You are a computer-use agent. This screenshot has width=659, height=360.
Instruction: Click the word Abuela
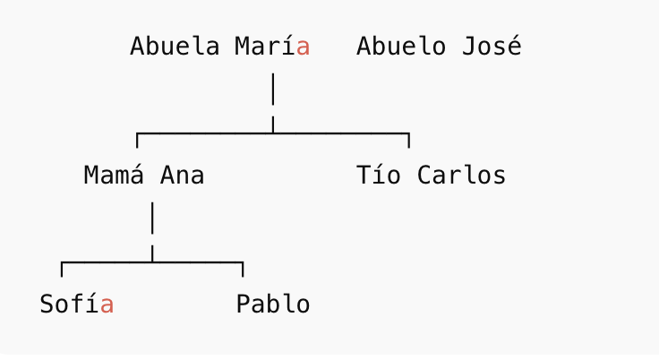[175, 46]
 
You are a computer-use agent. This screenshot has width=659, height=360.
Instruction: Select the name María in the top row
[272, 46]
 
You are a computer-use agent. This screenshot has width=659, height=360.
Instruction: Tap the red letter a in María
[303, 47]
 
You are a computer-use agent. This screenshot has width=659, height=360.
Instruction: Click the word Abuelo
[401, 46]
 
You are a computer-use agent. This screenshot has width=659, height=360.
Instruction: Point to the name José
[492, 46]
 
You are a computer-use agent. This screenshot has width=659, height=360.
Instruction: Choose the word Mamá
[114, 175]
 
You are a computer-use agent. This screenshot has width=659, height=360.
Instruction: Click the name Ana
[182, 175]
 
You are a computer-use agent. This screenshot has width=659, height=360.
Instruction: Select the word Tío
[379, 175]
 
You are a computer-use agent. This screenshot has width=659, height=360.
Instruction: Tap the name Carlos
[461, 175]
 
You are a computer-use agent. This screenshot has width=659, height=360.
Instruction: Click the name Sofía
[76, 304]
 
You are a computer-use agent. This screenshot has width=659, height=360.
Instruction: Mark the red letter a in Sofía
[107, 305]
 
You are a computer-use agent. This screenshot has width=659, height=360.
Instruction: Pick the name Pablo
[273, 304]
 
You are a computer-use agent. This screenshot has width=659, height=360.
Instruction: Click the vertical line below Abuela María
[273, 103]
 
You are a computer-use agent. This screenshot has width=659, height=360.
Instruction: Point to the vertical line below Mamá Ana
[152, 232]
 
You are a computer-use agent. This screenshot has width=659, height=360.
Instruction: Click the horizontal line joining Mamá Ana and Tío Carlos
[273, 133]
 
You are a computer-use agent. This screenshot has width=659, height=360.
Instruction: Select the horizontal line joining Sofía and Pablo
[152, 262]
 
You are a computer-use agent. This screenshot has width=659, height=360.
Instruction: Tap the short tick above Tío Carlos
[409, 141]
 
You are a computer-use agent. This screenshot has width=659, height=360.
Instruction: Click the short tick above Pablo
[243, 270]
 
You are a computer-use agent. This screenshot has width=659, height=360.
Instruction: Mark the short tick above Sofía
[62, 270]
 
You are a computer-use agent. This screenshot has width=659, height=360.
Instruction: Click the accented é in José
[515, 46]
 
